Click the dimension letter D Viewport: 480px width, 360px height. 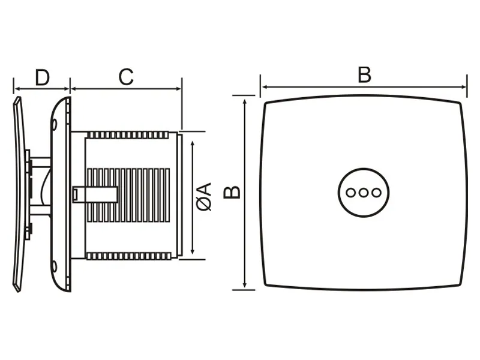[42, 78]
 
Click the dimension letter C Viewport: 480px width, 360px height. [126, 77]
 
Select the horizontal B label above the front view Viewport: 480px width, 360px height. [364, 74]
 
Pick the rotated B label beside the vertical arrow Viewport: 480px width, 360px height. [232, 192]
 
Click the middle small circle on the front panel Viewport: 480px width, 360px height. [364, 193]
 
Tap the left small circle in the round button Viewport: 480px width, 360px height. [351, 193]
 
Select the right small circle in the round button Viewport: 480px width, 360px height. [376, 193]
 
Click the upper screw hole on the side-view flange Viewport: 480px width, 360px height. [54, 124]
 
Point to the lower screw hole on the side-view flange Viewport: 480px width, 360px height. [54, 266]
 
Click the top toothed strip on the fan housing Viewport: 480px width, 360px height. [128, 135]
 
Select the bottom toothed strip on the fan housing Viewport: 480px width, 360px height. [128, 256]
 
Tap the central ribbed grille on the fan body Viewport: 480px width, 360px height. [128, 195]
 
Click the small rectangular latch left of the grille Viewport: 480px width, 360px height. [75, 194]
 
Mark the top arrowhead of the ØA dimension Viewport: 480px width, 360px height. [192, 143]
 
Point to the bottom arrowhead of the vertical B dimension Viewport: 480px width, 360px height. [245, 284]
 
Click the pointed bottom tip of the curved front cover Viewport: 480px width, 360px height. [19, 290]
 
